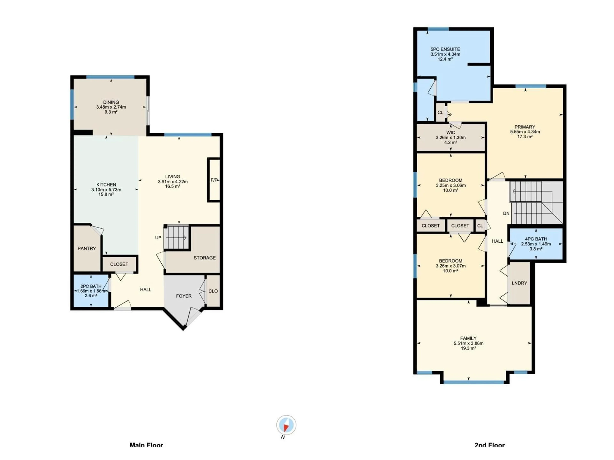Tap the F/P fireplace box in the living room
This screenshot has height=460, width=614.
(x=214, y=180)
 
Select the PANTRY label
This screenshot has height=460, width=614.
(x=87, y=248)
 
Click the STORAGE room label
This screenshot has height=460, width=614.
(x=205, y=258)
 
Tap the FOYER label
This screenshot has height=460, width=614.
(x=184, y=296)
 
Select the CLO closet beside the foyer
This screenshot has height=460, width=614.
(x=213, y=291)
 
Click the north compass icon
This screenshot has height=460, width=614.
(x=286, y=425)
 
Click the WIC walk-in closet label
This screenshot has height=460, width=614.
(x=451, y=133)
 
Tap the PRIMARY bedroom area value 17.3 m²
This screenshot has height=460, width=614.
(x=525, y=137)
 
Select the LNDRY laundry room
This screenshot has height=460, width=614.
(x=519, y=283)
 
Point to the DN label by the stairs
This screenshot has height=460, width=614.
(x=506, y=213)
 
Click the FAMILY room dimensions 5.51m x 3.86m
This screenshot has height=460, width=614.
(x=468, y=343)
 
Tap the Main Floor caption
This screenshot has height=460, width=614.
(x=146, y=445)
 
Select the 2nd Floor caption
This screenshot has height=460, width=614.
(x=490, y=445)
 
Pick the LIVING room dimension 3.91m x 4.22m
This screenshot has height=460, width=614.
(x=173, y=182)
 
